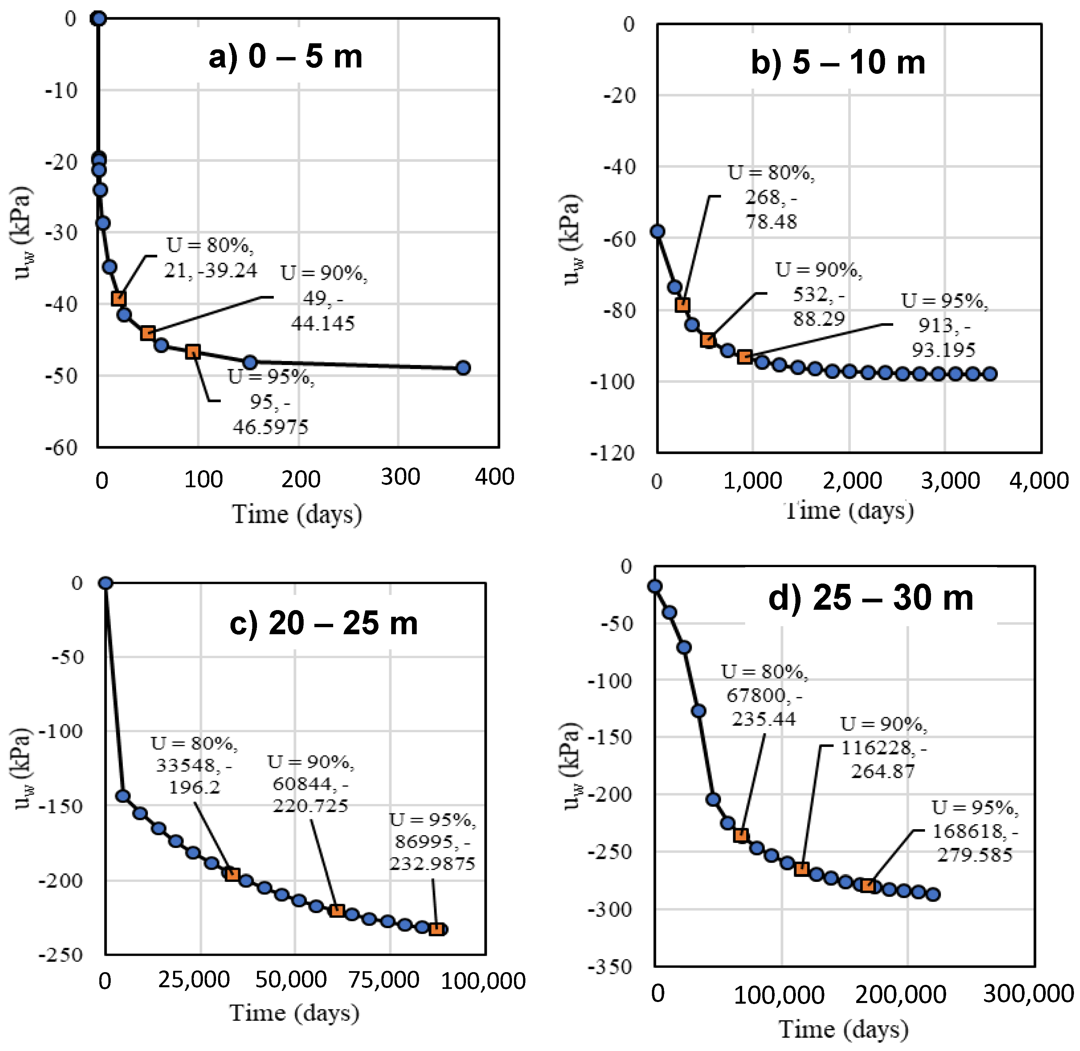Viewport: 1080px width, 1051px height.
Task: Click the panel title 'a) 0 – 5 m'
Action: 285,56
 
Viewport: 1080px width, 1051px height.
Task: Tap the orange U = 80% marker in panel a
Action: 119,299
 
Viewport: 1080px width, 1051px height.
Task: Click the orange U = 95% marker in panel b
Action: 744,357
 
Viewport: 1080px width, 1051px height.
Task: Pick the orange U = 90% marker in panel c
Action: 337,911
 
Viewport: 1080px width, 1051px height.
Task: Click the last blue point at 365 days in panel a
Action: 463,368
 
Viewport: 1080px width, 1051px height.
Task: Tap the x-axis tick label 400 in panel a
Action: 495,477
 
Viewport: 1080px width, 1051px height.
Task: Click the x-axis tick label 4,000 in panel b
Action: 1039,481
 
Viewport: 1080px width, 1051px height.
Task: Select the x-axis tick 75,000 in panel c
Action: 384,980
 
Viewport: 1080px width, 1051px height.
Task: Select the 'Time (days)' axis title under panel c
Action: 294,1013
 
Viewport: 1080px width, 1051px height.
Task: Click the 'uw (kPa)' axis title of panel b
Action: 572,240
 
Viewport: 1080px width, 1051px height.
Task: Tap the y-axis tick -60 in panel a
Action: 62,447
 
